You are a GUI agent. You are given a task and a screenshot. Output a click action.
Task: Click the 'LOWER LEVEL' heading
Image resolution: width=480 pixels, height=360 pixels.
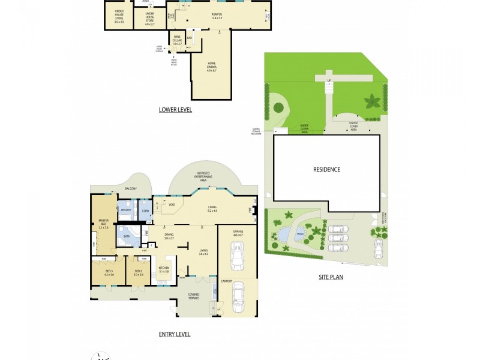pos(175,110)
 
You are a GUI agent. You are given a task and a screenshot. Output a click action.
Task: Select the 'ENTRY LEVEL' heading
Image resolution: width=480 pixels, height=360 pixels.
pos(175,334)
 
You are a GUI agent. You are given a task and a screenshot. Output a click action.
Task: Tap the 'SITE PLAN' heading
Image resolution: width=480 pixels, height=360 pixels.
pos(330,277)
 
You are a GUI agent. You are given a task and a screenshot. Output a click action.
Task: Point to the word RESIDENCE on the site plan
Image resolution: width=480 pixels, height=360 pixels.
pos(326,169)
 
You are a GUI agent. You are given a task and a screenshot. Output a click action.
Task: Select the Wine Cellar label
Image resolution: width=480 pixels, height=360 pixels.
pos(176,41)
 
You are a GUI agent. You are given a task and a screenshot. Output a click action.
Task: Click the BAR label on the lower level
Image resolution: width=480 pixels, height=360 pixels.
pos(190,38)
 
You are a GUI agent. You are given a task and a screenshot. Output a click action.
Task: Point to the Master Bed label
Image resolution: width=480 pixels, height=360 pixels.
pos(103,224)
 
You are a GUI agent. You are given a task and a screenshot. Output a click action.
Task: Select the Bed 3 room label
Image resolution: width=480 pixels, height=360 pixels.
pos(108,272)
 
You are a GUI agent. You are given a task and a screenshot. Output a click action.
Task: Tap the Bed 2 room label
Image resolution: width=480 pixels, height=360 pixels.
pos(138,272)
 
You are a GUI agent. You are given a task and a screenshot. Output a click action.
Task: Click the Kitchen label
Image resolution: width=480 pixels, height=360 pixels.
pos(163,270)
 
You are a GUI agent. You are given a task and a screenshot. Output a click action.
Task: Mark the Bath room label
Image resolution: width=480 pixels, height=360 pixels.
pos(127,236)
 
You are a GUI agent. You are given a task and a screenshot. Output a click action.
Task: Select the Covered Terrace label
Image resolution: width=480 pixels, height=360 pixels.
pos(193,296)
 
